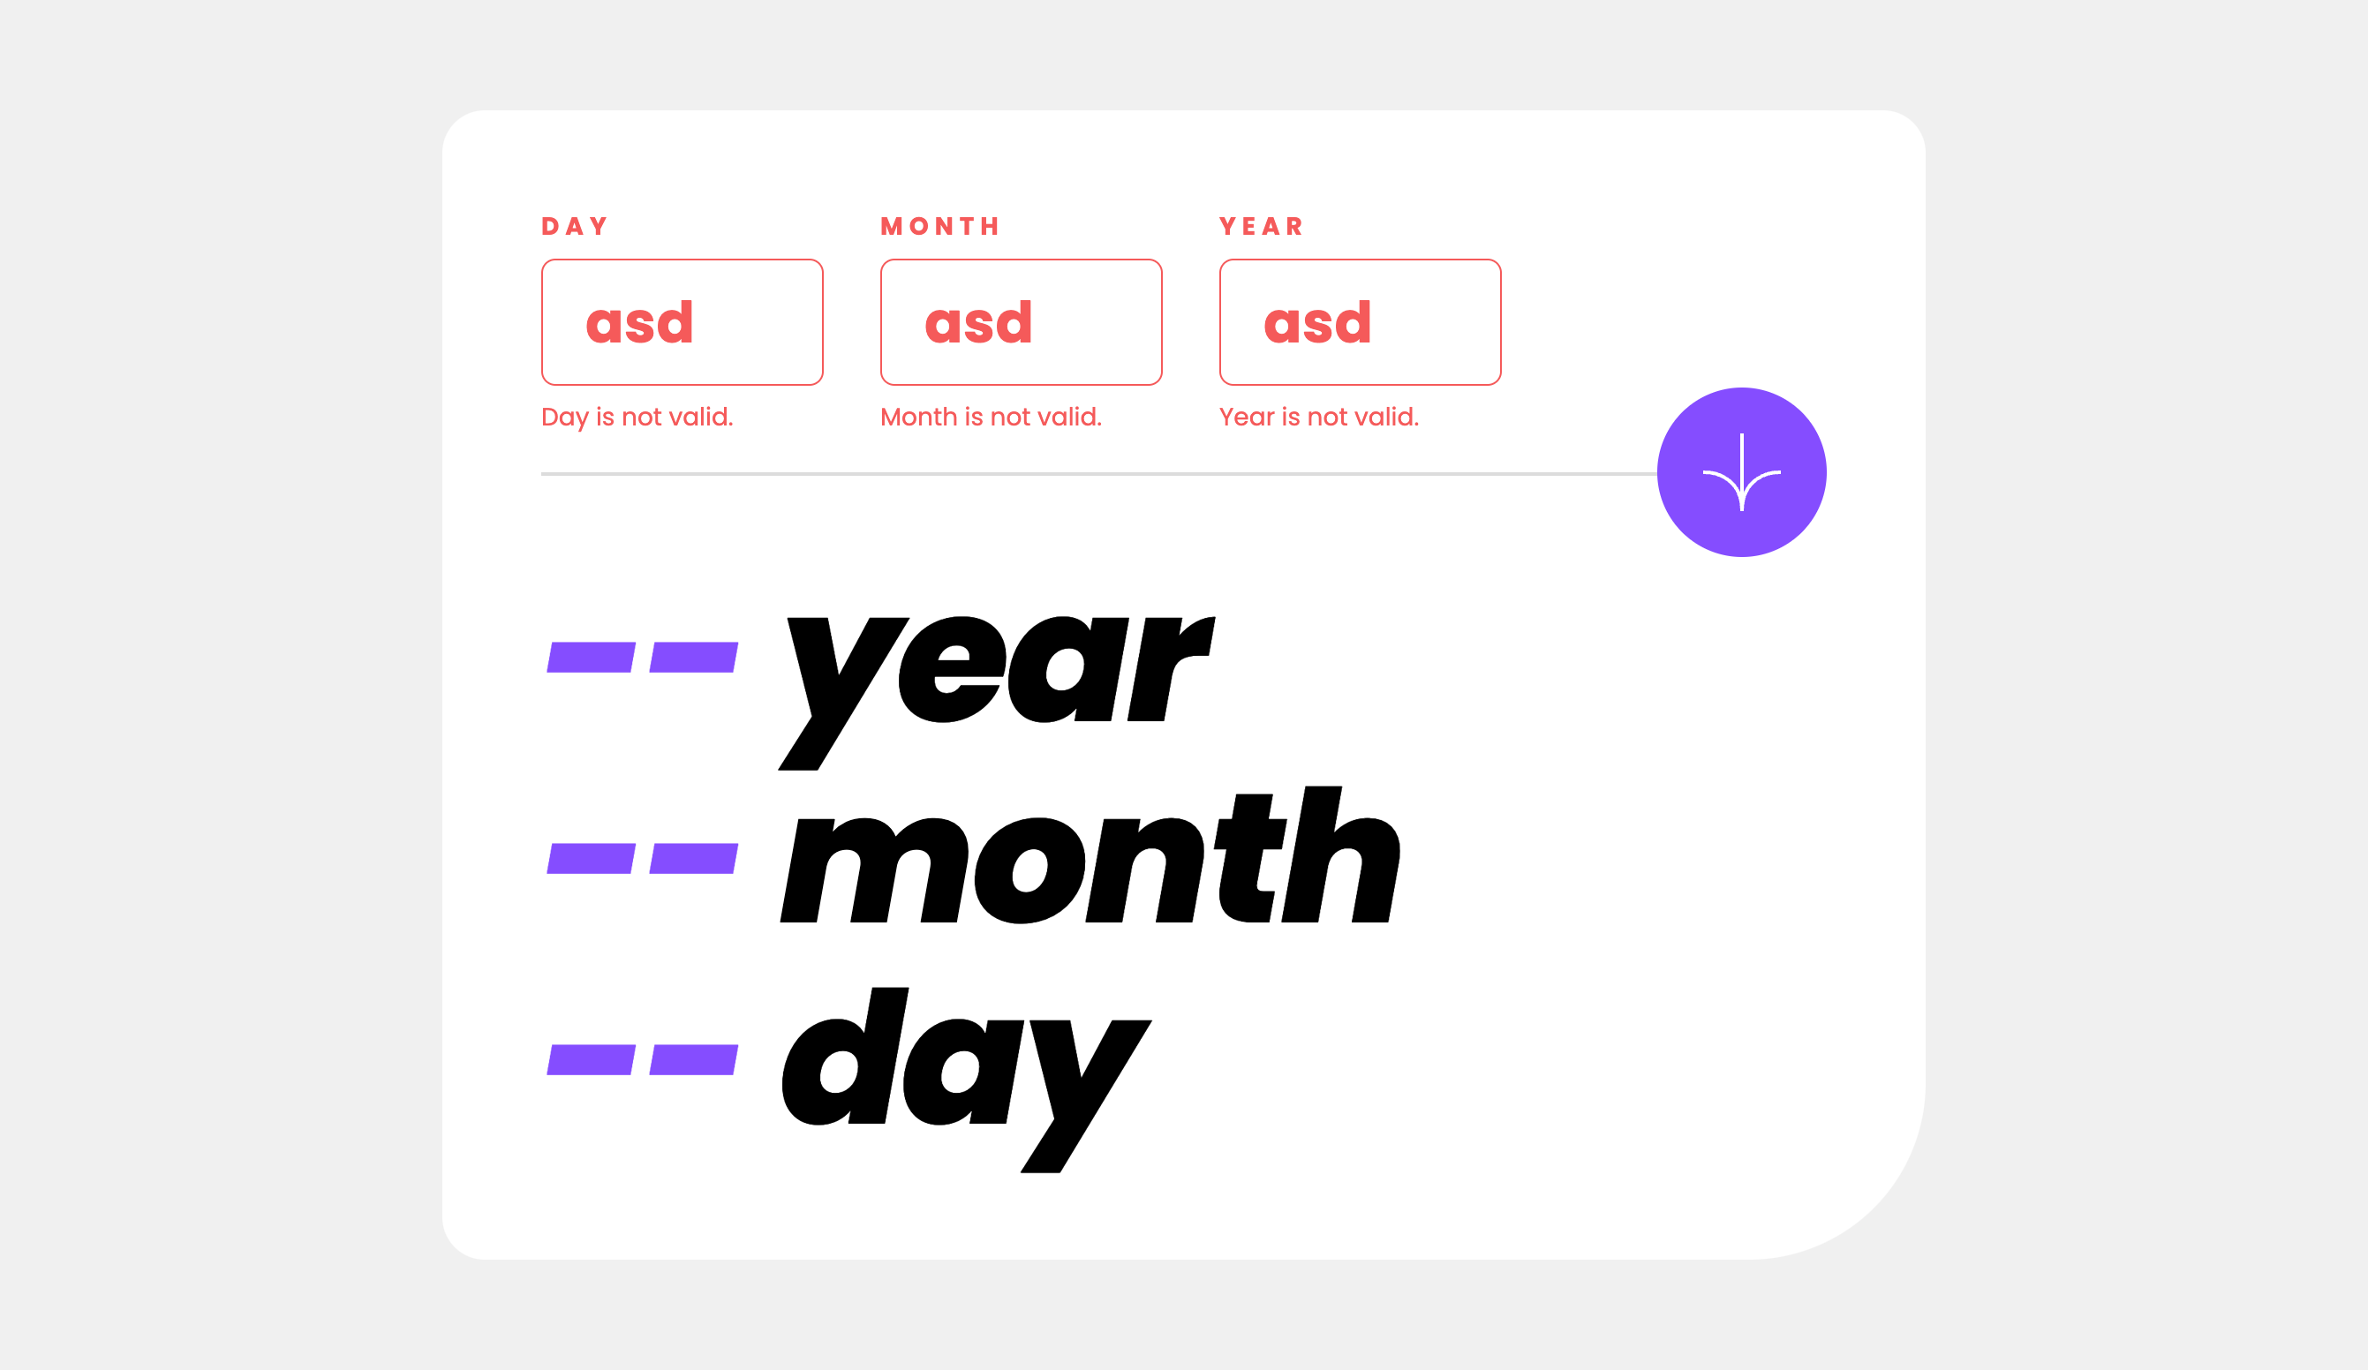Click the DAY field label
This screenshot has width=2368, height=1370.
(574, 227)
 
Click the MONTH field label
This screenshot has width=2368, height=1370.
(939, 227)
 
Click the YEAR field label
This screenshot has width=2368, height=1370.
(1261, 227)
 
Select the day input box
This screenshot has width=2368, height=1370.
(682, 322)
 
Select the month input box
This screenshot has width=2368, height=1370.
(1022, 322)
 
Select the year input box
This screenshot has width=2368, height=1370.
(1361, 322)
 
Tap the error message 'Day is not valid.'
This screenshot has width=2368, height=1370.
(637, 418)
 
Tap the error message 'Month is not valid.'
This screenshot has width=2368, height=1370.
(992, 418)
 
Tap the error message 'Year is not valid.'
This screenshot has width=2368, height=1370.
(1319, 418)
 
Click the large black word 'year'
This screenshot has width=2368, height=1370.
(997, 693)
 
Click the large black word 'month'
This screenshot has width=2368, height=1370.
(1090, 854)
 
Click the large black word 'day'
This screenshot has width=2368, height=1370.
(967, 1080)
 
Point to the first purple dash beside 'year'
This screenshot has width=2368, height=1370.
(591, 658)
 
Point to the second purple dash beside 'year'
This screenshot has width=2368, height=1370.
(693, 658)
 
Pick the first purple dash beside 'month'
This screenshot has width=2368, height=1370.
(591, 859)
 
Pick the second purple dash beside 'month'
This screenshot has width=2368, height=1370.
(693, 859)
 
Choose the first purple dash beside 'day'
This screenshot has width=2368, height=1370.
(591, 1060)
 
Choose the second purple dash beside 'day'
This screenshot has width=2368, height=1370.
(693, 1060)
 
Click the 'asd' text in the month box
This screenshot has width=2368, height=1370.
(978, 322)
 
